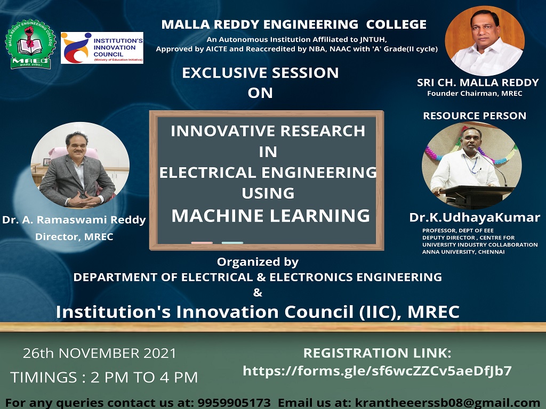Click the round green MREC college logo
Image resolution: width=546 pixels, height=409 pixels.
30,44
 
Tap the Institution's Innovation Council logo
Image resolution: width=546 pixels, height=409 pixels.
102,48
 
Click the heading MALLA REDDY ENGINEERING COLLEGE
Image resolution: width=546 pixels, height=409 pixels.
294,24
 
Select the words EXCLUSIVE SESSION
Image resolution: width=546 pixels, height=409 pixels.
260,72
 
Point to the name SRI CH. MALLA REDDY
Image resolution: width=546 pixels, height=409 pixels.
478,83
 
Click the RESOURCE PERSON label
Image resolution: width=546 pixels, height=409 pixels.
475,116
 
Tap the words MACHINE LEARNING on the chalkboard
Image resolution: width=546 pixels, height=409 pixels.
270,216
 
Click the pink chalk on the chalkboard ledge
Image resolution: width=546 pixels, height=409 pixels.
202,242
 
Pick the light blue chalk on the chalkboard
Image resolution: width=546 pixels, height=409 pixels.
232,242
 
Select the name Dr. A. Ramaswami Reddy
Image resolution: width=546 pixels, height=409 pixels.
74,220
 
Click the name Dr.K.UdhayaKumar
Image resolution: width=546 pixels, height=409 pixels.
475,217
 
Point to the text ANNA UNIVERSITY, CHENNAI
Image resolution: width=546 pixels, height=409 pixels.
463,252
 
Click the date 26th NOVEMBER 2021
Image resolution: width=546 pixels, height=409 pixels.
100,353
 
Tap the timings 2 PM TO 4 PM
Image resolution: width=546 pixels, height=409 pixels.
144,378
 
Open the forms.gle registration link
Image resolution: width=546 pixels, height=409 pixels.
377,371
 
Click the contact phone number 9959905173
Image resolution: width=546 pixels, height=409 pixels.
234,403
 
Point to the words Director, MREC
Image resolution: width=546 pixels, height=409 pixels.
74,237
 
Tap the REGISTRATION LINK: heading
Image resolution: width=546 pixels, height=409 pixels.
377,353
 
